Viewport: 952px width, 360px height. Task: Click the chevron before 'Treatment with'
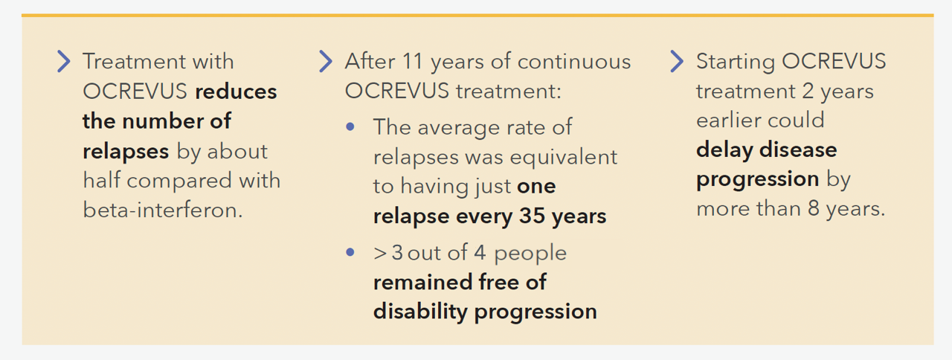tap(64, 61)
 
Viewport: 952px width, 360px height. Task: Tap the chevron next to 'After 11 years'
tap(326, 61)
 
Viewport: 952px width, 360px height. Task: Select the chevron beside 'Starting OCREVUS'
tap(677, 61)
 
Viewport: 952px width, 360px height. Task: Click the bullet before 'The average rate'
tap(350, 126)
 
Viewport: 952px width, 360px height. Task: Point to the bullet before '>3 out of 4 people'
tap(350, 252)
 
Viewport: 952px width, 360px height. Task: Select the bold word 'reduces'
tap(236, 91)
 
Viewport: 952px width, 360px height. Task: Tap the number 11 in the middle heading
tap(412, 61)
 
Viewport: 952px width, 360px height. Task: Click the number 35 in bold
tap(532, 216)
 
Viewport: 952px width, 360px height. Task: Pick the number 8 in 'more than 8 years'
tap(814, 208)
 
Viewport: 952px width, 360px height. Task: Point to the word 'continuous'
tap(574, 62)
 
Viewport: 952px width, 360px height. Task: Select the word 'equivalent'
tap(564, 158)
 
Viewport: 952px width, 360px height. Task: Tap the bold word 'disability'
tap(420, 312)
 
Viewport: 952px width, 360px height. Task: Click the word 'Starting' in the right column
tap(736, 62)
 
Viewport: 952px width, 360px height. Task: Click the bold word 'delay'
tap(724, 150)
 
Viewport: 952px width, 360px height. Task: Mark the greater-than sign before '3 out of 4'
tap(380, 254)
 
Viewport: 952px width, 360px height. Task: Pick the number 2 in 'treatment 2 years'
tap(808, 91)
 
